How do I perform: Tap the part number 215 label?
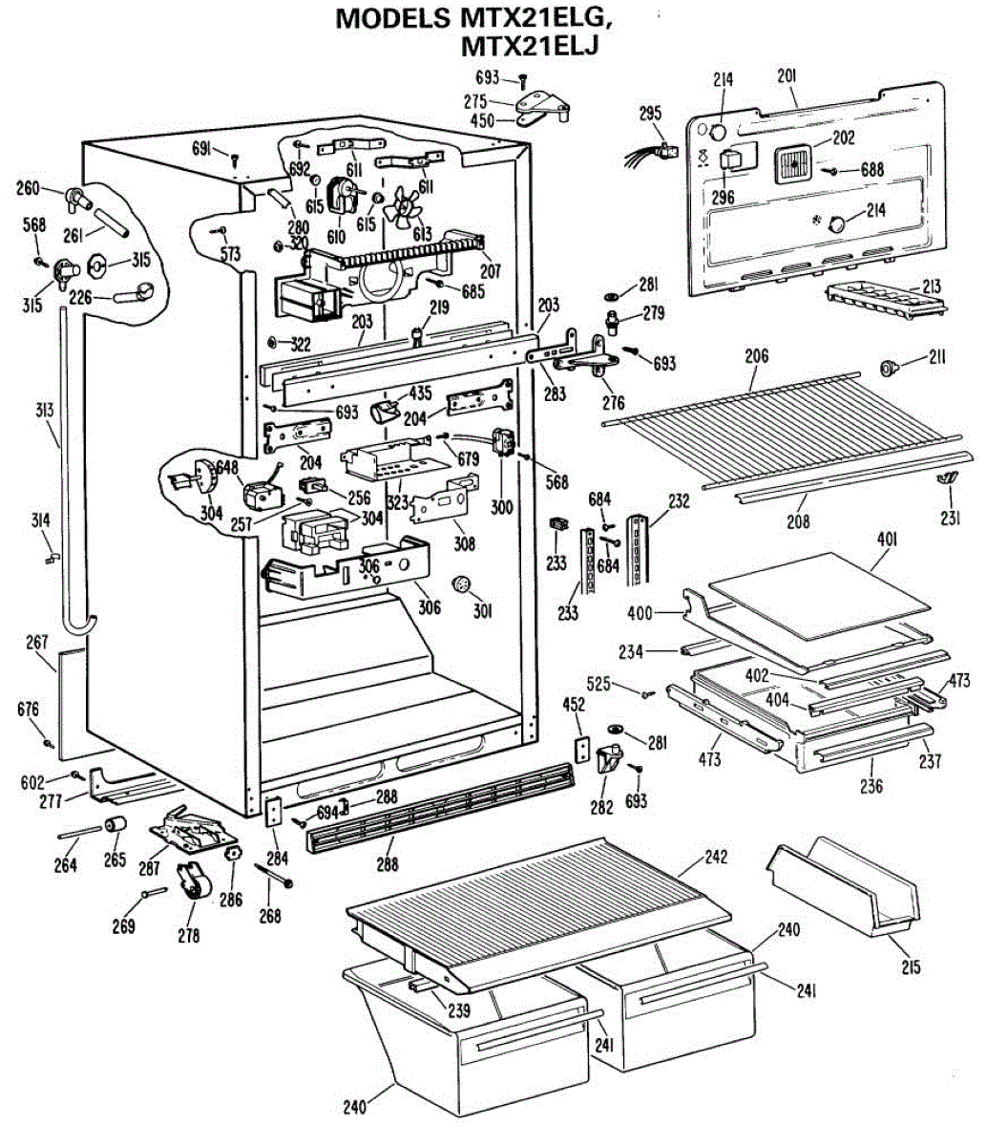tap(910, 967)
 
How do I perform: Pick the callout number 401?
tap(887, 539)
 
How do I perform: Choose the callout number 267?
tap(36, 644)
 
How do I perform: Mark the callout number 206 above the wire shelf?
tap(756, 355)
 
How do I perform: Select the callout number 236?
tap(871, 786)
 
